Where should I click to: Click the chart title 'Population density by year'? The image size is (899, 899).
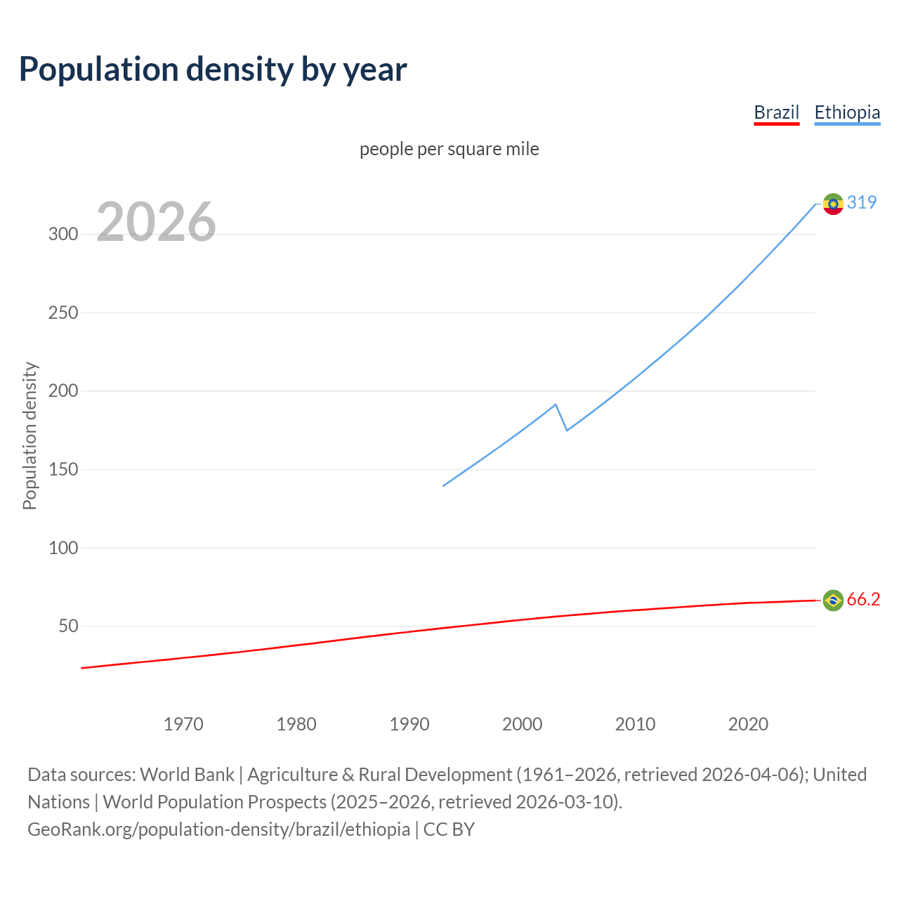coord(213,70)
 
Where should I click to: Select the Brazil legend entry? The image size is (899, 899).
coord(776,112)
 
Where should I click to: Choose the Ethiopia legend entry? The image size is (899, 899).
coord(846,112)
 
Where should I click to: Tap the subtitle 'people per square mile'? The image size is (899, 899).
coord(449,149)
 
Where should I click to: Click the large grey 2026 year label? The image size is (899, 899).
coord(156,222)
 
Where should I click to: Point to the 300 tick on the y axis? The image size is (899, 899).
coord(63,234)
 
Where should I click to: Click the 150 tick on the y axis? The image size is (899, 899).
coord(63,469)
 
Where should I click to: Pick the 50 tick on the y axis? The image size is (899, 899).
coord(68,626)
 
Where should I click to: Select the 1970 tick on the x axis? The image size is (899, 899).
coord(183,724)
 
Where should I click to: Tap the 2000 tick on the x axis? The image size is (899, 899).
coord(522,724)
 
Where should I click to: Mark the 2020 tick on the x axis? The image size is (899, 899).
coord(748,724)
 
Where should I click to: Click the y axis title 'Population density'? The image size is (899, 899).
coord(29,435)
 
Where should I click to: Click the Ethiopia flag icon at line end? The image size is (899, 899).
coord(833,204)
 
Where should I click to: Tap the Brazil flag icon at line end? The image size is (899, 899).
coord(833,600)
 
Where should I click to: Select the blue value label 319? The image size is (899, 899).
coord(862,202)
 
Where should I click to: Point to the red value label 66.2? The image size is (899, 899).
coord(863,599)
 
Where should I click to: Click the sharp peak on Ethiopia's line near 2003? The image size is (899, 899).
coord(556,405)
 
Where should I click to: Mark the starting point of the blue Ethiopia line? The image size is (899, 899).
coord(443,485)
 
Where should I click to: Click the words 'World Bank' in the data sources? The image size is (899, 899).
coord(187,775)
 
